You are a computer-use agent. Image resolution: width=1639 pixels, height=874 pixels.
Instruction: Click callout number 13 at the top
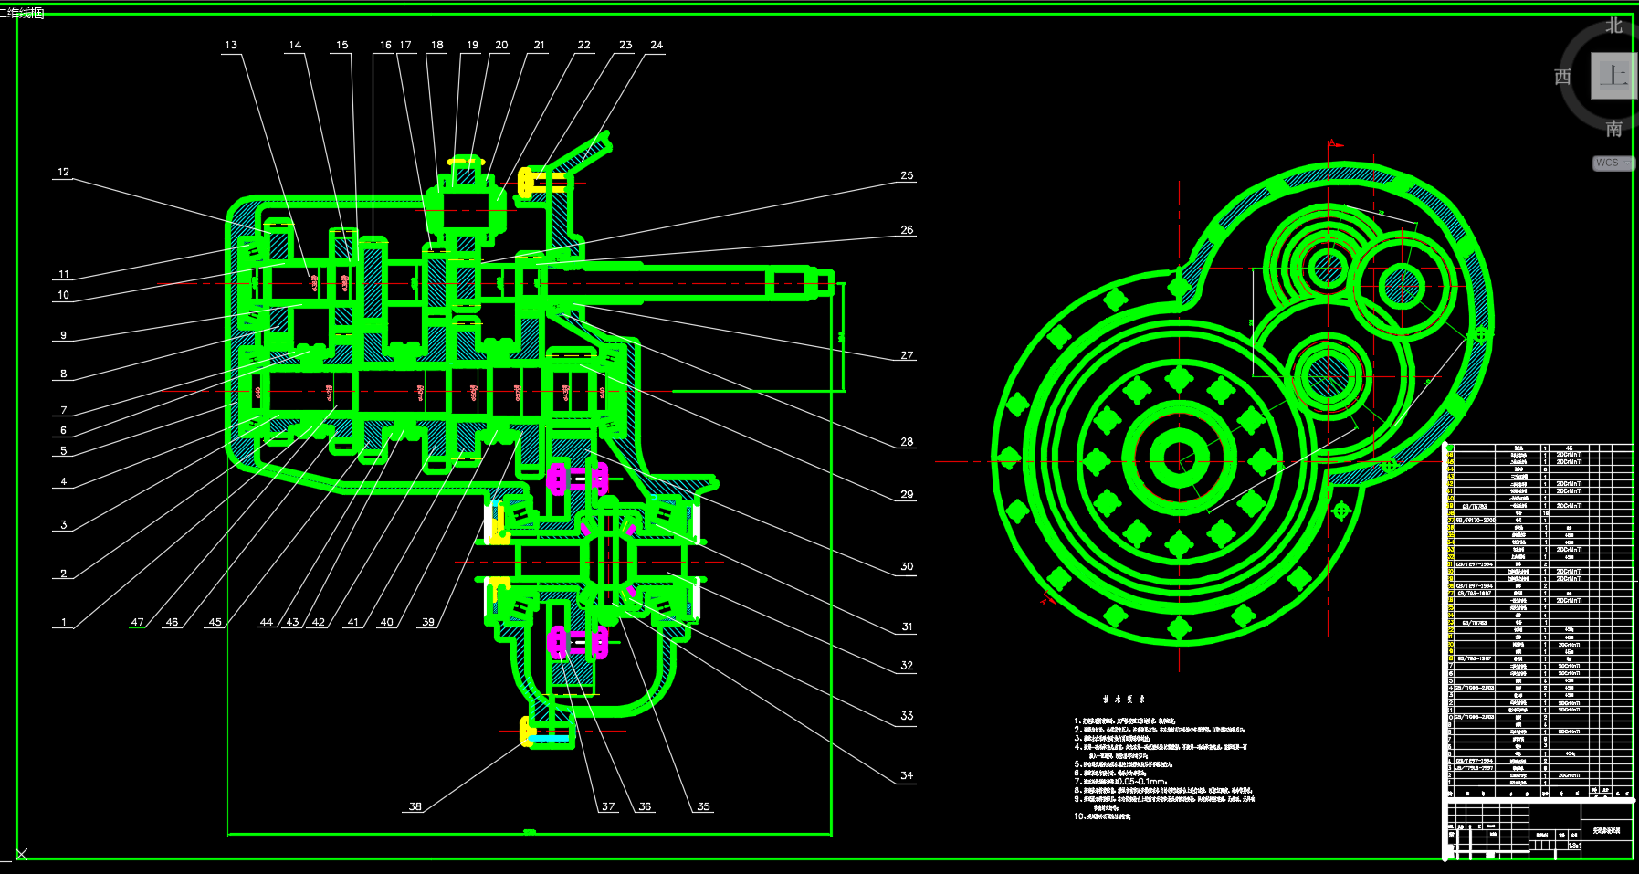coord(231,45)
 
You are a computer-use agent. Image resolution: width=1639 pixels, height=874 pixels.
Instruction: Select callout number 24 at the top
coord(657,45)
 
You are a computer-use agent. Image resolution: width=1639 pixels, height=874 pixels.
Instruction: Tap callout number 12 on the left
coord(63,172)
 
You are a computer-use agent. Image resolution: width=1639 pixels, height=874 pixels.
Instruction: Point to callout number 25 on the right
coord(907,175)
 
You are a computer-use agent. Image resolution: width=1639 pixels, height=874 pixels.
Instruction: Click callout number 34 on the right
coord(907,775)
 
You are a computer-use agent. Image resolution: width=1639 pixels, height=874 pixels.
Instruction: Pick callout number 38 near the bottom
coord(415,806)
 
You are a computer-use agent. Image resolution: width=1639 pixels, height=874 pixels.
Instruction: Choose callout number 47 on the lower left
coord(138,622)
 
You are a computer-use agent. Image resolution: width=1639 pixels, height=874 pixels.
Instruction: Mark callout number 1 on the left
coord(64,622)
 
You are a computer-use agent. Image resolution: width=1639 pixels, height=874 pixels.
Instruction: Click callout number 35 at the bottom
coord(703,806)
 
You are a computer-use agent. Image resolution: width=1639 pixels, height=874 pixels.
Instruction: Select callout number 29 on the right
coord(907,494)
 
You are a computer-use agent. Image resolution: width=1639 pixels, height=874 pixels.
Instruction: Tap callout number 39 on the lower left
coord(428,622)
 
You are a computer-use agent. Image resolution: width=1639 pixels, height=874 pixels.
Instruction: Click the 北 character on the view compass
coord(1614,26)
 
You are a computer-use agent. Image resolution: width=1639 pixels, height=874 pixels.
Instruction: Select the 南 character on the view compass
coord(1614,129)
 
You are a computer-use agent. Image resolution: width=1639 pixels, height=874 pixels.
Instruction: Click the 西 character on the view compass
coord(1563,77)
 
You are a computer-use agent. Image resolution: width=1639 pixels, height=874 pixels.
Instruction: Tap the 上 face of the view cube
coord(1613,76)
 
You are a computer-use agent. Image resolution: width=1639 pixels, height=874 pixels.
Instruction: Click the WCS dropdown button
coord(1613,163)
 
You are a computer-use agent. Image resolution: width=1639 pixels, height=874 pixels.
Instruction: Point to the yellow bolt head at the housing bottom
coord(526,731)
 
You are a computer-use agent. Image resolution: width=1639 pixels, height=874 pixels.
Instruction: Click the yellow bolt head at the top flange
coord(525,182)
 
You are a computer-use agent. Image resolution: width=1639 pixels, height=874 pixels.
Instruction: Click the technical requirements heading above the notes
coord(1123,700)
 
